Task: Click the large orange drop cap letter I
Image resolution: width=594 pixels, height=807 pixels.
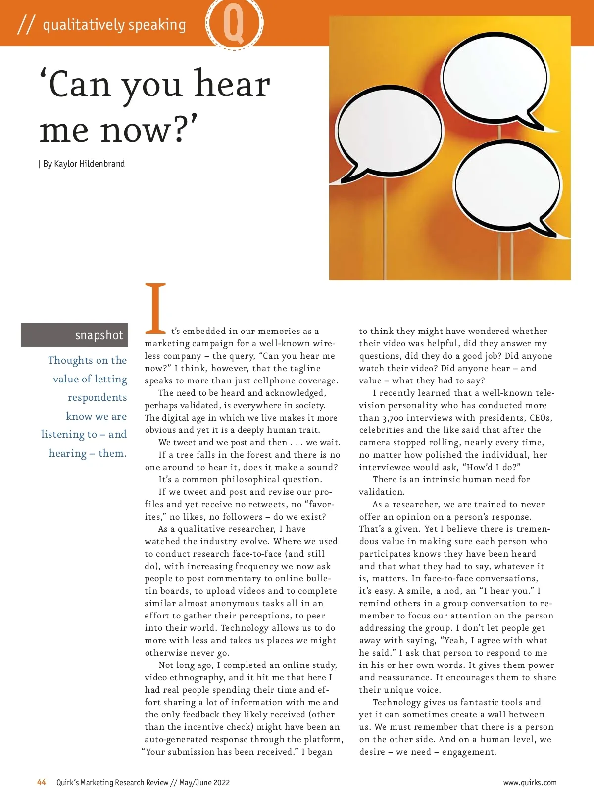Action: click(x=155, y=308)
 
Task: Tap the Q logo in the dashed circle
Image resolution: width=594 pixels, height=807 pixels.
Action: click(x=234, y=23)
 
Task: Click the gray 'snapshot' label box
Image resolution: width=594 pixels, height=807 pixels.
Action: click(x=75, y=335)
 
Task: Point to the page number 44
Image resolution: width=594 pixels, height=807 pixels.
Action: click(x=42, y=782)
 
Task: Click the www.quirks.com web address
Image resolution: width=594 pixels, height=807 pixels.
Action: click(x=530, y=782)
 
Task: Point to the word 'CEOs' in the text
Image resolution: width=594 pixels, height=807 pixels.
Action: click(x=540, y=418)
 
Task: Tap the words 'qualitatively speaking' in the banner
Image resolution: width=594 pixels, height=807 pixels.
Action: click(x=114, y=24)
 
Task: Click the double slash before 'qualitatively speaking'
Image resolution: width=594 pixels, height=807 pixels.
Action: click(x=26, y=24)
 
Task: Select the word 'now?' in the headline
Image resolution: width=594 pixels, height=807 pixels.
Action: click(x=149, y=130)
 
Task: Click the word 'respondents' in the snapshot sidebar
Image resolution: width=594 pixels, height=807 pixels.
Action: click(x=97, y=397)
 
